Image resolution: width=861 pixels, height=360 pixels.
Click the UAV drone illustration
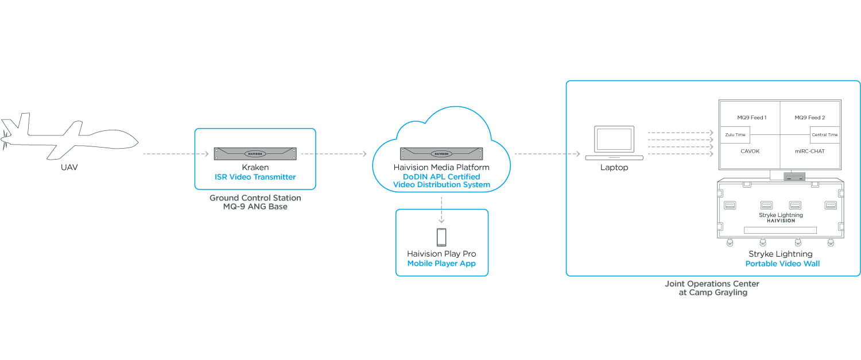point(69,136)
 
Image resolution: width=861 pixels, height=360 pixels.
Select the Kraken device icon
point(255,153)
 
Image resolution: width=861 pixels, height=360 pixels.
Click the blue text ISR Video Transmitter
point(255,176)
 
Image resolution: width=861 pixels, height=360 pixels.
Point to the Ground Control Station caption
point(255,202)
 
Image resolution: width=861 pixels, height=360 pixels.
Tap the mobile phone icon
point(441,237)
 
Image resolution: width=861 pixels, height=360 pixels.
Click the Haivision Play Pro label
point(441,254)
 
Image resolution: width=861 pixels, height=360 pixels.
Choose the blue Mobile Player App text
point(441,264)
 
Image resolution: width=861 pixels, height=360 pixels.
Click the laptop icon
point(614,144)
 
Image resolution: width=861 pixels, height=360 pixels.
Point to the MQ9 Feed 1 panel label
point(752,118)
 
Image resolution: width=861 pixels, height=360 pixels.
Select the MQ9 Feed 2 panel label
point(809,118)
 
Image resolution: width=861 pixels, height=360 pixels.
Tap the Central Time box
point(824,135)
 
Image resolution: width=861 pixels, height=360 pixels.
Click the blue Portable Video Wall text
point(782,264)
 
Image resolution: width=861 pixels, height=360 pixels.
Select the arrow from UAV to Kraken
point(175,154)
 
